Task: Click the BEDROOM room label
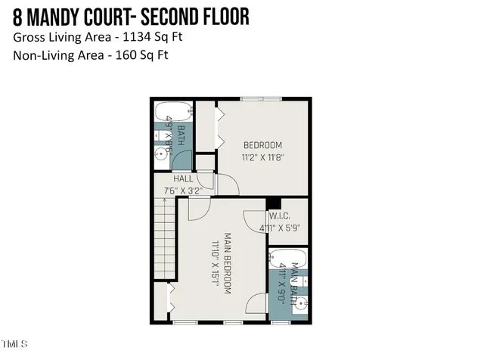(262, 145)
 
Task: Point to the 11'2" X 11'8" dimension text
(262, 158)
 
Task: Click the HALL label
(182, 178)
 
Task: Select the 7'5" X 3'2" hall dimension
(182, 191)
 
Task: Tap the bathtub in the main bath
(287, 259)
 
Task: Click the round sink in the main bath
(301, 305)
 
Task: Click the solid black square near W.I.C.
(274, 203)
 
